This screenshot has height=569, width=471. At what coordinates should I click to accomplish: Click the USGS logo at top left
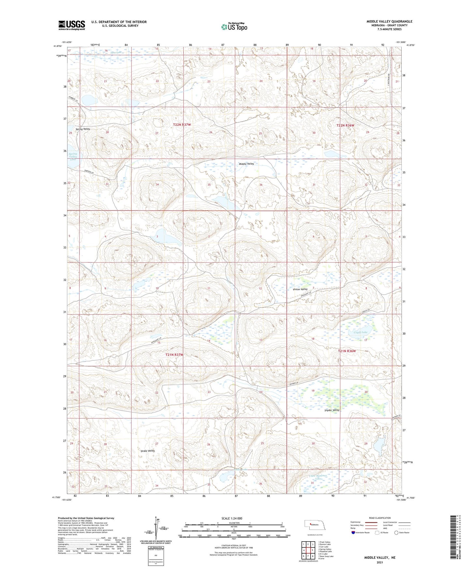pyautogui.click(x=72, y=25)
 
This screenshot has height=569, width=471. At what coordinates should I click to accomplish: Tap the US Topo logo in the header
pyautogui.click(x=234, y=27)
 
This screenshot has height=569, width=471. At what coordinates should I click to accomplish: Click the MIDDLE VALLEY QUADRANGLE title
pyautogui.click(x=389, y=22)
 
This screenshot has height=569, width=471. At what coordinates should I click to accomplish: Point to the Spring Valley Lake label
pyautogui.click(x=73, y=157)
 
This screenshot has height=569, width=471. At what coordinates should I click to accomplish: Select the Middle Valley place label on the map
pyautogui.click(x=246, y=164)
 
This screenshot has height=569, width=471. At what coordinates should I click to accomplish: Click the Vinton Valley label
pyautogui.click(x=300, y=289)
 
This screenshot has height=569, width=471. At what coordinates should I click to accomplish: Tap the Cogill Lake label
pyautogui.click(x=361, y=332)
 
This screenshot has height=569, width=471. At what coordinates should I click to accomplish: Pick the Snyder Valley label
pyautogui.click(x=332, y=410)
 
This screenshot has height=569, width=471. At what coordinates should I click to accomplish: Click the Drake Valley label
pyautogui.click(x=147, y=451)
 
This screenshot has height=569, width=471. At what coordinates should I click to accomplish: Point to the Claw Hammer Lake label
pyautogui.click(x=318, y=477)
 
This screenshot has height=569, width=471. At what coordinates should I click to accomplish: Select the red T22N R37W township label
pyautogui.click(x=182, y=125)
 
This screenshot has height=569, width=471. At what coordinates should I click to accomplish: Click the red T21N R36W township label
pyautogui.click(x=347, y=351)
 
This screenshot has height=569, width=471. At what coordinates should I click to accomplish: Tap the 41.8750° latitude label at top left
pyautogui.click(x=57, y=46)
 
